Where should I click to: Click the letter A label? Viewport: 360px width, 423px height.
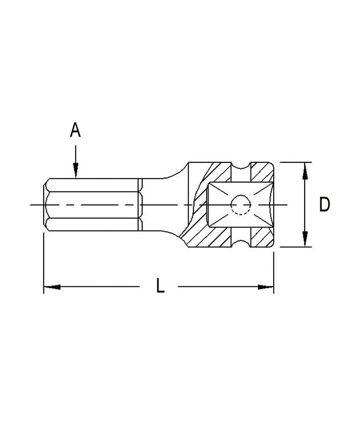pos(75,130)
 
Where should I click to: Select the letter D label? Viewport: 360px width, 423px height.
pos(324,205)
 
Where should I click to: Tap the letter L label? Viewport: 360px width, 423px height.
pos(160,286)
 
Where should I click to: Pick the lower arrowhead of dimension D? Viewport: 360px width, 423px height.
pos(306,239)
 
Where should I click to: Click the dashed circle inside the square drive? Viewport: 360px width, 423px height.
pos(240,205)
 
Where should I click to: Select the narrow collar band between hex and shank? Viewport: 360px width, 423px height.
pos(140,205)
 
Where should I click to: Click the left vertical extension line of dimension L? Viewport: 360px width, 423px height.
pos(44,265)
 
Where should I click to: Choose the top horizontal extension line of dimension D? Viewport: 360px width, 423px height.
pos(295,162)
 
